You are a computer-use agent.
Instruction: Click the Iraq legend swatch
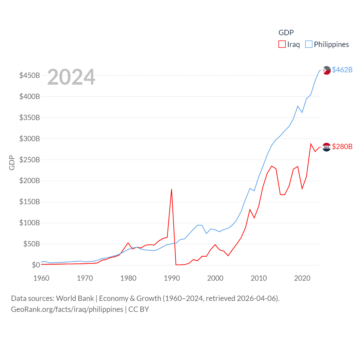click(282, 44)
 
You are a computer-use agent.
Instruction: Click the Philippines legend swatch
click(309, 44)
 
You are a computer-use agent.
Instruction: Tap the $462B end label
click(342, 70)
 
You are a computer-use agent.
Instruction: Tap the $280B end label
click(342, 147)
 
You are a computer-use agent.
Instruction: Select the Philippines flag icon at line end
click(327, 70)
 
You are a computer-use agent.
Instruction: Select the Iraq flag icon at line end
click(327, 147)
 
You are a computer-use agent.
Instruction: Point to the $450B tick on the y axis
click(30, 75)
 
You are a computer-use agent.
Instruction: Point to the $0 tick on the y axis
click(36, 265)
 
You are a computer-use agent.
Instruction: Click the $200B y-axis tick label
click(30, 181)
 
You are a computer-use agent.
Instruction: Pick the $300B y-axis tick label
click(30, 139)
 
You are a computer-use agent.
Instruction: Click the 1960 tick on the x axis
click(41, 278)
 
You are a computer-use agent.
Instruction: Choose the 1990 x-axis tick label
click(172, 278)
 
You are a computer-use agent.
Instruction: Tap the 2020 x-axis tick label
click(302, 278)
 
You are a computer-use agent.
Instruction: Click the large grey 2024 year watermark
click(71, 77)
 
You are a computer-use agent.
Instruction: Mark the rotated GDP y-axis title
click(12, 163)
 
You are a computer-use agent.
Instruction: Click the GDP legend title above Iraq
click(286, 33)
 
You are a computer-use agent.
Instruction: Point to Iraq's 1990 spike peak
click(172, 189)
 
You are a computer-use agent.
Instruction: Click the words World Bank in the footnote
click(75, 298)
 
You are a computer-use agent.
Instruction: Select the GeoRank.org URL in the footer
click(67, 309)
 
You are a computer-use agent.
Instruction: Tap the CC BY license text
click(139, 309)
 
